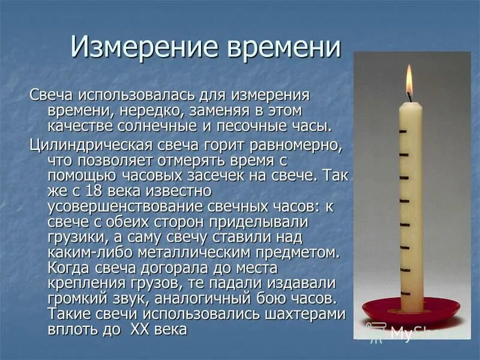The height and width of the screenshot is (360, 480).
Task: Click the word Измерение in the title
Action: [x=140, y=46]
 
